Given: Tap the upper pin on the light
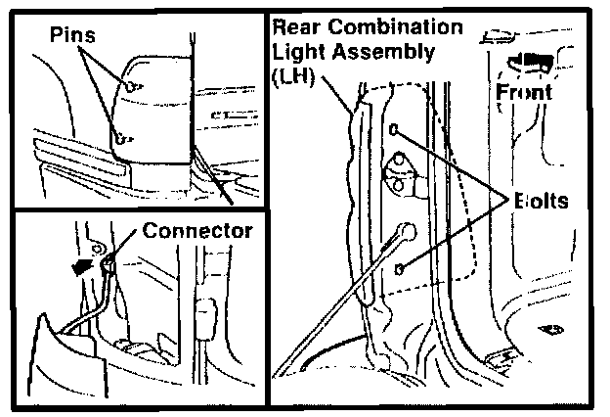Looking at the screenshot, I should [131, 87].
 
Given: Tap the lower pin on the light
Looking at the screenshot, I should [120, 139].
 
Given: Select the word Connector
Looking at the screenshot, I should [196, 232].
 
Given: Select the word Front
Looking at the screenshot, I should [524, 94].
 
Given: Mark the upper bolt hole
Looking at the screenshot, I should [394, 129].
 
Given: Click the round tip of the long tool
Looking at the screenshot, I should [403, 232].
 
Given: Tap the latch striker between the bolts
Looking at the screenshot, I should [400, 171].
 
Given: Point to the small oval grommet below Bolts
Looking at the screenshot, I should [554, 330].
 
